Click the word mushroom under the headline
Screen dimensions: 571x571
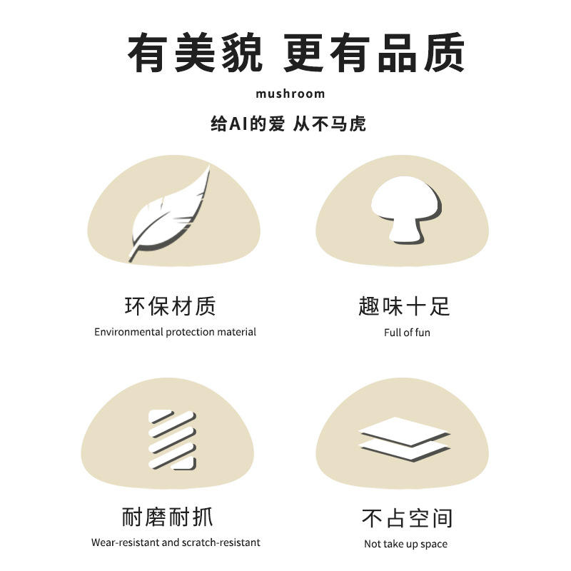[290, 94]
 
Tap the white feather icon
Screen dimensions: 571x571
[170, 215]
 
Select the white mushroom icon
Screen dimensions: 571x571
[406, 210]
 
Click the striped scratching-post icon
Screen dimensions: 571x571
[172, 440]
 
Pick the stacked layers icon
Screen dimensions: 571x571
[405, 440]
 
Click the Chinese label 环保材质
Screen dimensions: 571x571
[170, 306]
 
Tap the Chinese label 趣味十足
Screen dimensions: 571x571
[404, 306]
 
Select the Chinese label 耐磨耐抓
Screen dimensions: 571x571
[167, 517]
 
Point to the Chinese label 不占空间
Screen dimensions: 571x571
[407, 518]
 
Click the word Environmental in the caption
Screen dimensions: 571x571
[128, 332]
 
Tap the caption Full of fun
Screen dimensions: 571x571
[407, 333]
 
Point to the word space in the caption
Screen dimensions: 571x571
[434, 545]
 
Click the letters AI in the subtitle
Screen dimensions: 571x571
[238, 123]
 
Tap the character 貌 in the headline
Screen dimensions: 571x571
[243, 52]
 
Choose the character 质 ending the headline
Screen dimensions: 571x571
[444, 52]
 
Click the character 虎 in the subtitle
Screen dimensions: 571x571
[358, 123]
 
